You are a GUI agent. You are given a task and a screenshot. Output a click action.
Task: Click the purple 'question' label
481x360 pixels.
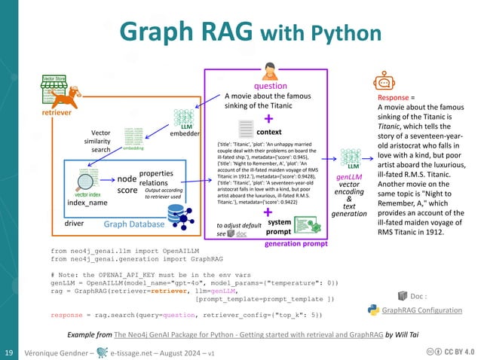click(x=270, y=86)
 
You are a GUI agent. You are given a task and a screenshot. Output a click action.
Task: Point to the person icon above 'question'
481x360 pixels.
click(x=268, y=72)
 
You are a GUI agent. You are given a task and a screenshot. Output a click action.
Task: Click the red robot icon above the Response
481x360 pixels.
click(x=383, y=83)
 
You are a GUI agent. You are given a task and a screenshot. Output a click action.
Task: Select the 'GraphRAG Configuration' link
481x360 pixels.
click(x=422, y=310)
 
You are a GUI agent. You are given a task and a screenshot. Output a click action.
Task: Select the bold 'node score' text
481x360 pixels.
click(x=127, y=185)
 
